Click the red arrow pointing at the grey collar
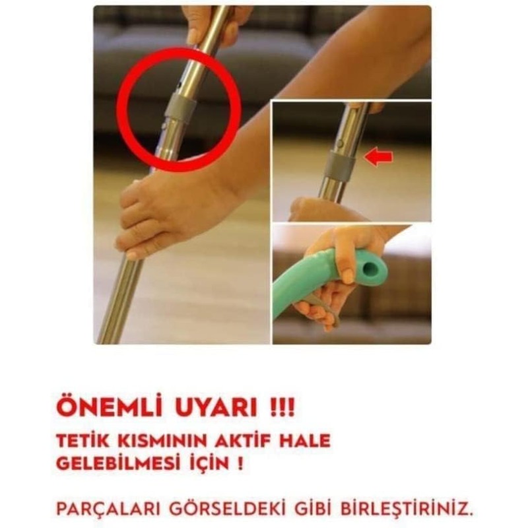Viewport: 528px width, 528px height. click(x=379, y=158)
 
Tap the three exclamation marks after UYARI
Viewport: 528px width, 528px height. click(x=282, y=408)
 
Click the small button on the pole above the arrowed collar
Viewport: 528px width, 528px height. click(x=341, y=143)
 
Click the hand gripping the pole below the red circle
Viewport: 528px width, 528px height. click(x=158, y=216)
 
